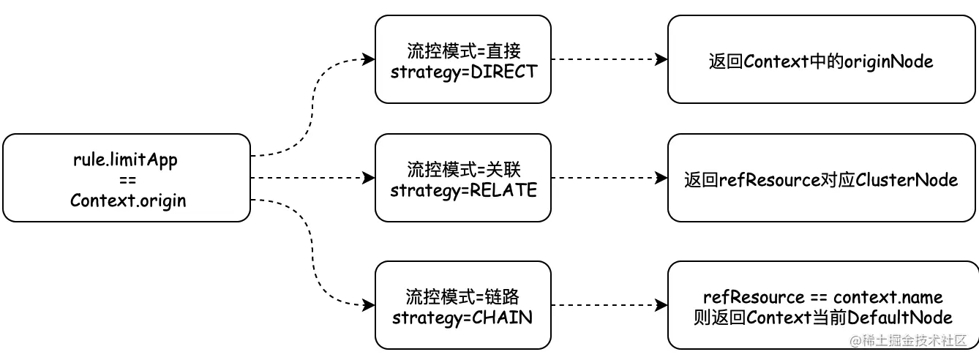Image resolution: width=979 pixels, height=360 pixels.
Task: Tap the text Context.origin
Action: point(127,200)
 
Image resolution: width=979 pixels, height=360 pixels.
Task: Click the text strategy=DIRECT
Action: point(463,72)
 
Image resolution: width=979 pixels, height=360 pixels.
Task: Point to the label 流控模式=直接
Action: point(463,51)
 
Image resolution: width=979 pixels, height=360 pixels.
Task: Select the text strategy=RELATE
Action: point(463,190)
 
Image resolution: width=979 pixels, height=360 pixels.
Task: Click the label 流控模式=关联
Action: point(463,170)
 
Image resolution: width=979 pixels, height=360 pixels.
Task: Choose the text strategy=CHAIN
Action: point(463,318)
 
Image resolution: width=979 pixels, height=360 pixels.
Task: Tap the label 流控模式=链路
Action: point(463,297)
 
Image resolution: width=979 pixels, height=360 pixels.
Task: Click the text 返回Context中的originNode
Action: point(821,61)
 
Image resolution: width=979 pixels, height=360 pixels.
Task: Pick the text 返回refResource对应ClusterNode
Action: point(821,179)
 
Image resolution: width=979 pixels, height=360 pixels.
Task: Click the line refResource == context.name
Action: point(822,297)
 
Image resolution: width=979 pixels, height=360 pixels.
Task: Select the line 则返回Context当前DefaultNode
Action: point(822,318)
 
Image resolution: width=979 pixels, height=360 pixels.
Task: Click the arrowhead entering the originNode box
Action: point(662,59)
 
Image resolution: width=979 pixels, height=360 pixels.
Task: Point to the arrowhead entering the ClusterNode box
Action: point(662,178)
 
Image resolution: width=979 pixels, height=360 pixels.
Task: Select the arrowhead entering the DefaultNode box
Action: point(662,306)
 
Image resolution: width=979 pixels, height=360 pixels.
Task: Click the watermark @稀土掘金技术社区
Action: point(909,341)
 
